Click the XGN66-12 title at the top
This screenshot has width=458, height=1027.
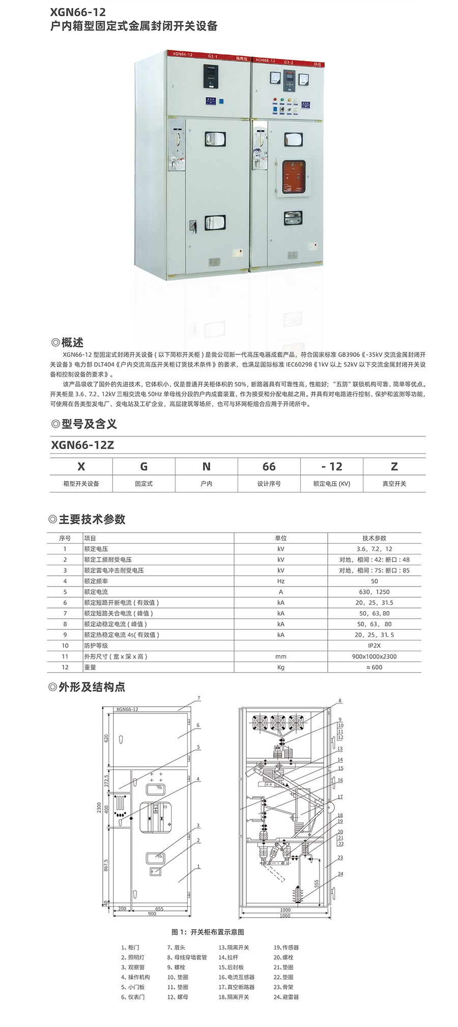tap(78, 11)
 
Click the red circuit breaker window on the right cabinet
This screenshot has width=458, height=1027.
tap(292, 177)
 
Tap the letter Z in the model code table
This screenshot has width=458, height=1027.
tap(394, 466)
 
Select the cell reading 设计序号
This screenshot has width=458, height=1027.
tap(269, 484)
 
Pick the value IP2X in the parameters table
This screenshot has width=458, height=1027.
tap(374, 646)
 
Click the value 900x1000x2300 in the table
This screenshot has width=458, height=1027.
tap(374, 656)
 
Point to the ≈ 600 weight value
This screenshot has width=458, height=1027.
tap(374, 667)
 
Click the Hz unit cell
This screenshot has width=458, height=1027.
tap(280, 581)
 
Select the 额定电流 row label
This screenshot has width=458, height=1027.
tap(96, 592)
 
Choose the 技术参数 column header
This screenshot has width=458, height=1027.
tap(374, 538)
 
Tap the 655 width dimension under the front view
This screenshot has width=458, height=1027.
tap(159, 908)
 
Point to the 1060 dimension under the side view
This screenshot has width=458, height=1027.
tap(285, 915)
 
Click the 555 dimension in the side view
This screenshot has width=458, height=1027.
tap(317, 883)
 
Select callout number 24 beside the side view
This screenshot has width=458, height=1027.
tap(340, 874)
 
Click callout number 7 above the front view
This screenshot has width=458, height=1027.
tap(198, 698)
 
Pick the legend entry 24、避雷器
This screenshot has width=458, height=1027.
tap(286, 996)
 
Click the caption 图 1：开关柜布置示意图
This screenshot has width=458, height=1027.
tap(208, 932)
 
